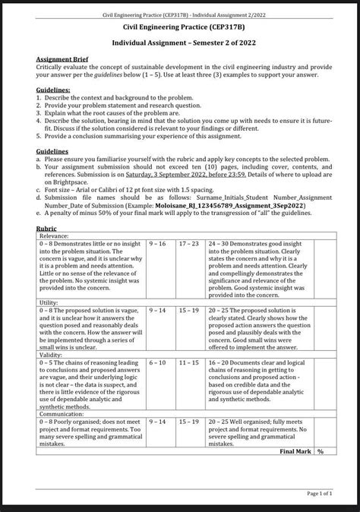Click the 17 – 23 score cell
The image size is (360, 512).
188,244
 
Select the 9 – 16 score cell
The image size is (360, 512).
158,244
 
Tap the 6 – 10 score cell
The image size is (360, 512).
157,362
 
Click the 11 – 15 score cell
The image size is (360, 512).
188,362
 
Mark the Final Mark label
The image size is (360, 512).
296,450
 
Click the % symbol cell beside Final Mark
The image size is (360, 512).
321,450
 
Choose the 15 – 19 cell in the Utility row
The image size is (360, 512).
188,310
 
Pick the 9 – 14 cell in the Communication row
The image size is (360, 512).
158,421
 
